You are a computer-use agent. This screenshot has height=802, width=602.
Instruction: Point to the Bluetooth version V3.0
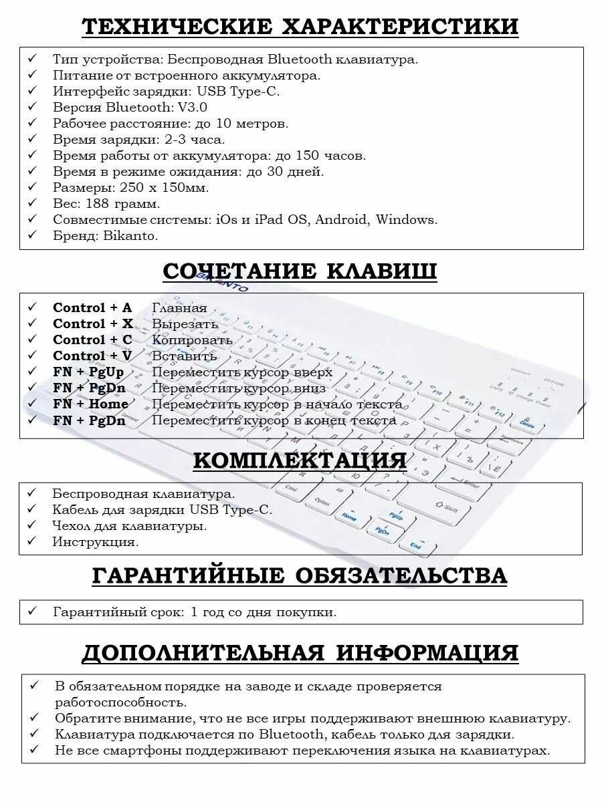click(x=193, y=108)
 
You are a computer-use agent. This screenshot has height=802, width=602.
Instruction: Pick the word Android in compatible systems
click(x=341, y=220)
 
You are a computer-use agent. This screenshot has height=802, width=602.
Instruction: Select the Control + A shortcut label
click(x=92, y=308)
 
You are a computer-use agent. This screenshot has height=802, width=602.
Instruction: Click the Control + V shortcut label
click(x=92, y=356)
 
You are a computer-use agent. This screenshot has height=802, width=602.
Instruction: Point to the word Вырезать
click(x=185, y=324)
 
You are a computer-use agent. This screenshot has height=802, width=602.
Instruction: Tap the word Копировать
click(x=192, y=340)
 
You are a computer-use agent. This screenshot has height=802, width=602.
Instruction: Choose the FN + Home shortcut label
click(x=90, y=404)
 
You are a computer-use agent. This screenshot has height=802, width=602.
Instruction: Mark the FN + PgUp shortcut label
click(x=88, y=372)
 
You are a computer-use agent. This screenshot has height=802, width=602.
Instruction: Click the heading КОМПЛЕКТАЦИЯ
click(x=300, y=460)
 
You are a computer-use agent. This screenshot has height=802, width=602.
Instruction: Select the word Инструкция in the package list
click(x=95, y=542)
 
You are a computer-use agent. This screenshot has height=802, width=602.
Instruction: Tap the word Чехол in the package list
click(x=71, y=526)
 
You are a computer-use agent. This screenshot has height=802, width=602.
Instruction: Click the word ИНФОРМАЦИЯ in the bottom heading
click(x=427, y=653)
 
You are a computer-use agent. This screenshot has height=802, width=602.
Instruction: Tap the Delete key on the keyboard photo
click(x=527, y=424)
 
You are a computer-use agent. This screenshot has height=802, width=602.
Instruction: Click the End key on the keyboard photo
click(x=415, y=545)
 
